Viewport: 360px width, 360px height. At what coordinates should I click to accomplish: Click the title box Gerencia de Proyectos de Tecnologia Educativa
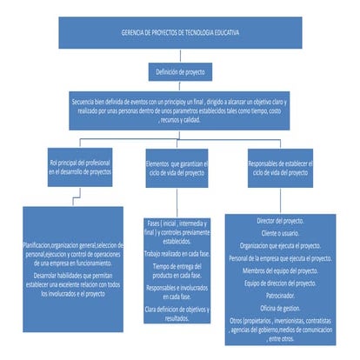pyautogui.click(x=181, y=33)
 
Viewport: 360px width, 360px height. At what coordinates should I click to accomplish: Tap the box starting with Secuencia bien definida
pyautogui.click(x=180, y=110)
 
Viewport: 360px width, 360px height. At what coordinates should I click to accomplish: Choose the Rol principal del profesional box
pyautogui.click(x=79, y=168)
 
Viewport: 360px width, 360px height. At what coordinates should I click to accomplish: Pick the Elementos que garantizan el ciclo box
pyautogui.click(x=181, y=168)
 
